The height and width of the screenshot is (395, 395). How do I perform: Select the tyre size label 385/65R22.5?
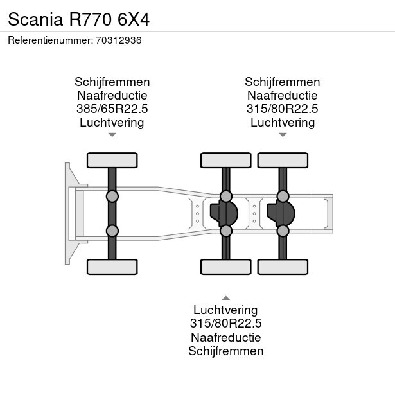(112, 109)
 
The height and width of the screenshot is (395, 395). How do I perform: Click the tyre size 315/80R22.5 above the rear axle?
(282, 109)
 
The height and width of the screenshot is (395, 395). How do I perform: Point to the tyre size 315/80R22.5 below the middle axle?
(225, 324)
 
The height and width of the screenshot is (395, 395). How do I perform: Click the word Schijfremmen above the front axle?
(112, 82)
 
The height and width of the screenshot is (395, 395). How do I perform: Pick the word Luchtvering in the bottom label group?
(225, 310)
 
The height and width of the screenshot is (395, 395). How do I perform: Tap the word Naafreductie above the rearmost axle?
(282, 95)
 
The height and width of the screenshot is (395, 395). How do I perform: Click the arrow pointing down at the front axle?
(112, 135)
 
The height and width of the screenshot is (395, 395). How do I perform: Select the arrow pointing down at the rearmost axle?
(282, 135)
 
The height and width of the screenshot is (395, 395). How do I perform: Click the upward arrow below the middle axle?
(225, 297)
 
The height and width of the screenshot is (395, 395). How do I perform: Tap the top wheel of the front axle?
(112, 160)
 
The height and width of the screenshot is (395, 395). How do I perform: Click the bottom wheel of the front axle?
(112, 267)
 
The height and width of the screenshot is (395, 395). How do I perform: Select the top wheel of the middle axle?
(225, 160)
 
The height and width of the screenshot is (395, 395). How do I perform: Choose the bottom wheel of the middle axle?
(225, 267)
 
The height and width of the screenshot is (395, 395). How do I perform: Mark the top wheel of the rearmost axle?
(282, 160)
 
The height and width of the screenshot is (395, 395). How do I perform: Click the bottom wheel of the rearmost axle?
(282, 267)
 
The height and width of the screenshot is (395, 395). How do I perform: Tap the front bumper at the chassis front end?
(67, 213)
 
